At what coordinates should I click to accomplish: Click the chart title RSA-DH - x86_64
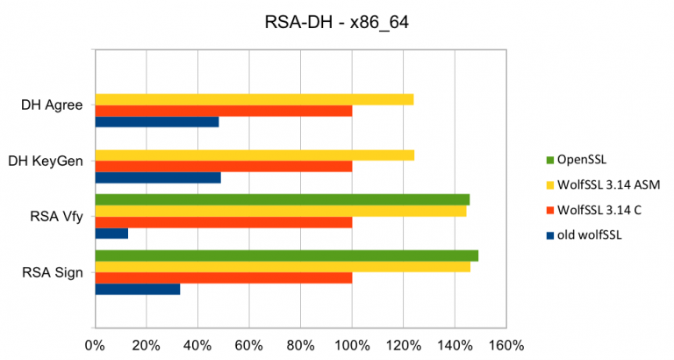pyautogui.click(x=337, y=22)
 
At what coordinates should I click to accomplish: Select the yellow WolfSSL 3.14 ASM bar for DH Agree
pyautogui.click(x=254, y=99)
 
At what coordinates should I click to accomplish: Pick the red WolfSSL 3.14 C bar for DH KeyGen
pyautogui.click(x=223, y=166)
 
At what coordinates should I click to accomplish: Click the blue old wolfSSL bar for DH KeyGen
pyautogui.click(x=157, y=177)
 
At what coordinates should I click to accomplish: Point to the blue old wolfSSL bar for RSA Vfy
pyautogui.click(x=111, y=234)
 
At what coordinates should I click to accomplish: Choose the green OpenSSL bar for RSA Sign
pyautogui.click(x=286, y=256)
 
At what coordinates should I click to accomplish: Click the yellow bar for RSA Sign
pyautogui.click(x=282, y=267)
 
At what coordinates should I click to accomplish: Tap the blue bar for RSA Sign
pyautogui.click(x=137, y=289)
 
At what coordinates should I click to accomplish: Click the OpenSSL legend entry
pyautogui.click(x=584, y=160)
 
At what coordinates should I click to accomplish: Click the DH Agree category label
pyautogui.click(x=52, y=106)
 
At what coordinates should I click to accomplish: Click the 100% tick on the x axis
pyautogui.click(x=352, y=343)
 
